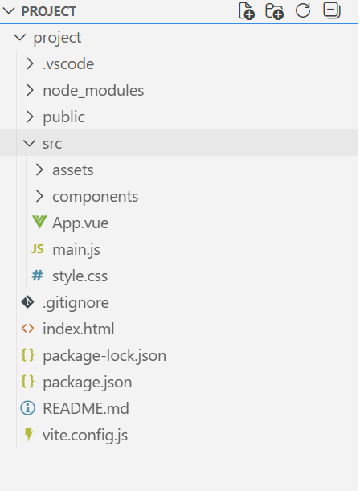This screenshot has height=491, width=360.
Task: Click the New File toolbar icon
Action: point(247,11)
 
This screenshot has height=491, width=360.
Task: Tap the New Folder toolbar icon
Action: point(274,11)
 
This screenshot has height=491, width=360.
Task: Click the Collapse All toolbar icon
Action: point(332,10)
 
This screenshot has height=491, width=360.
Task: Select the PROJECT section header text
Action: point(48,11)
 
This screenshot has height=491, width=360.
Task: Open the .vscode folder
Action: point(68,63)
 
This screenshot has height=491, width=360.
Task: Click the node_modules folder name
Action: point(93,91)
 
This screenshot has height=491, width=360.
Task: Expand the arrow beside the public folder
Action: point(30,117)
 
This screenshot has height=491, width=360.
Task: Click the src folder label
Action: point(52,144)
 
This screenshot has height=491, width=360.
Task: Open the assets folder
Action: point(73,170)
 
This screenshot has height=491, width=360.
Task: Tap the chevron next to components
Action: point(39,196)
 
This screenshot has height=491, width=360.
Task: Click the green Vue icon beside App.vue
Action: point(39,222)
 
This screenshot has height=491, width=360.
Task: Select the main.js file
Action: point(76,250)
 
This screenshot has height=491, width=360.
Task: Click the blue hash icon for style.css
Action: point(37,276)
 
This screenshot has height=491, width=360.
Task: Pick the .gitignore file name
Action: point(76,303)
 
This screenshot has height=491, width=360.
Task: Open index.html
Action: point(79,329)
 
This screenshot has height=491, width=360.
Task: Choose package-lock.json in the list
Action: point(104,356)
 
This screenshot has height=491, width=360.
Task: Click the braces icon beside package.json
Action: point(27,382)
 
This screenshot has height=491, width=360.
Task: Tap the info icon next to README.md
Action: point(27,408)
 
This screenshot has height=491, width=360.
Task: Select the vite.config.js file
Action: point(85,436)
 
